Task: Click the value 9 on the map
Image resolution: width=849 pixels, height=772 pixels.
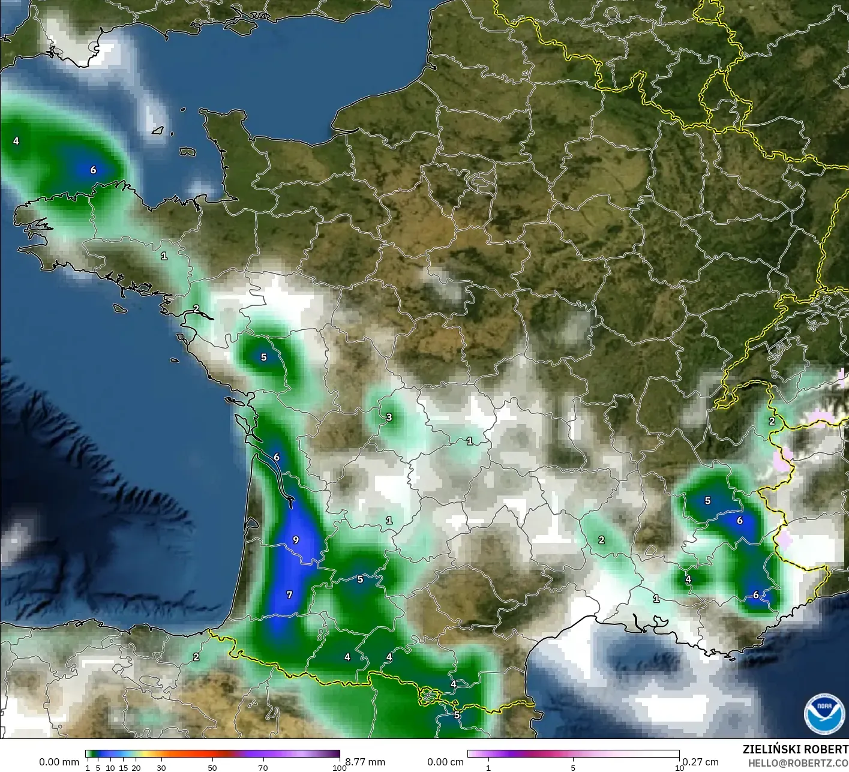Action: tap(296, 540)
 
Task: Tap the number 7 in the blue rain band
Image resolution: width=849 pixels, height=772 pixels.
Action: tap(289, 594)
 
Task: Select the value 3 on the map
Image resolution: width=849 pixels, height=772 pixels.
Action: tap(389, 417)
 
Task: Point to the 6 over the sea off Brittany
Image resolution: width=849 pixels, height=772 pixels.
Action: tap(93, 170)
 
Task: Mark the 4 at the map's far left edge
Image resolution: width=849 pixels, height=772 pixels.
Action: tap(16, 141)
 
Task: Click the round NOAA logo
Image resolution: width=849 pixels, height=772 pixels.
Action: tap(824, 714)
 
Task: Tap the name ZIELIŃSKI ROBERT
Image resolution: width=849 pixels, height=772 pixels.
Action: tap(795, 749)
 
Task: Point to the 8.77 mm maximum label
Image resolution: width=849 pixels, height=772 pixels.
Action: tap(365, 762)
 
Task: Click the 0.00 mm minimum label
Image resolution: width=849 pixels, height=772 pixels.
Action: tap(59, 762)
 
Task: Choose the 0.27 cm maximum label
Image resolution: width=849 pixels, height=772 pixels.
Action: tap(701, 762)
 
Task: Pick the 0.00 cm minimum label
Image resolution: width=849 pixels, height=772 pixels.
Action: tap(445, 762)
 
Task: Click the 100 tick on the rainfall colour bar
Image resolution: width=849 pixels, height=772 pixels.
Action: tap(340, 768)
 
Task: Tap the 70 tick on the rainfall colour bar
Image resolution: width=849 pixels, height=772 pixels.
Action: tap(263, 768)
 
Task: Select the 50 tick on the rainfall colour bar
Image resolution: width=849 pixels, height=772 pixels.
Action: tap(212, 768)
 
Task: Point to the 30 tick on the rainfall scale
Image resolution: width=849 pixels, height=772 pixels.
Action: tap(161, 768)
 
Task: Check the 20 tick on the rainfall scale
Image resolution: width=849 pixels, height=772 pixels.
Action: tap(136, 768)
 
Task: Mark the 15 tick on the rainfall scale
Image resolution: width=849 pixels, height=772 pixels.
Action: tap(123, 768)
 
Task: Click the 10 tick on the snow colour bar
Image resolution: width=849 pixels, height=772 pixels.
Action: tap(679, 768)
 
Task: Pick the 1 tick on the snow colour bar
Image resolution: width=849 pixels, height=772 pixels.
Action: tap(488, 768)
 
